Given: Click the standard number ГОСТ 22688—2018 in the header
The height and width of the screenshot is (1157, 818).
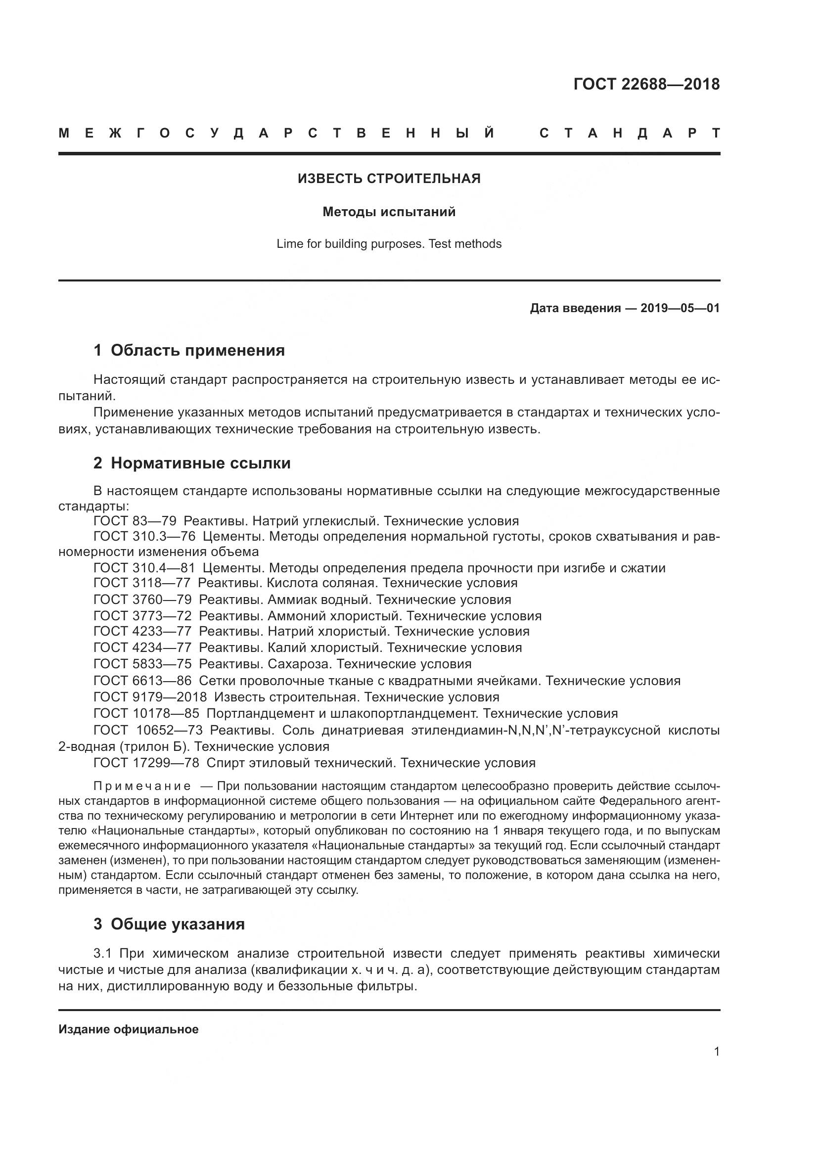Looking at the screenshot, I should (646, 84).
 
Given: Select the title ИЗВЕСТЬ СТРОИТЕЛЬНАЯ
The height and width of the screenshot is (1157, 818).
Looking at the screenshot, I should (389, 179).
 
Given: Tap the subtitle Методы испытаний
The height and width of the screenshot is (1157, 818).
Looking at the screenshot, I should (389, 212).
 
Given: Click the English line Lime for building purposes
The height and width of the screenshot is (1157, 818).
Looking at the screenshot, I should (389, 244).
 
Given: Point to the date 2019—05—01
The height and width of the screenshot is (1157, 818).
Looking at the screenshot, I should (680, 308).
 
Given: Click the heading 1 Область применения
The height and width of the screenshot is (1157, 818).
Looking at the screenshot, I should (189, 350).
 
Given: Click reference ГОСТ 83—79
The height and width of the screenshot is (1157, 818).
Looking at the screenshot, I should (135, 521).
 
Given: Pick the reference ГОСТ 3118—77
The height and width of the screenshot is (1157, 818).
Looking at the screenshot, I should (141, 583).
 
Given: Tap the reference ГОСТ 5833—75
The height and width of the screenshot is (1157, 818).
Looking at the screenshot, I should (142, 664).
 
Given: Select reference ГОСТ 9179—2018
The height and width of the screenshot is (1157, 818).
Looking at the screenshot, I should (150, 697).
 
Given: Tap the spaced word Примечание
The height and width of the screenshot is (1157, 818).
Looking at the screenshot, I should (142, 787).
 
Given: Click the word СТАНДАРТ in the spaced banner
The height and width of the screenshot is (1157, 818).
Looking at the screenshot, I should (630, 134).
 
